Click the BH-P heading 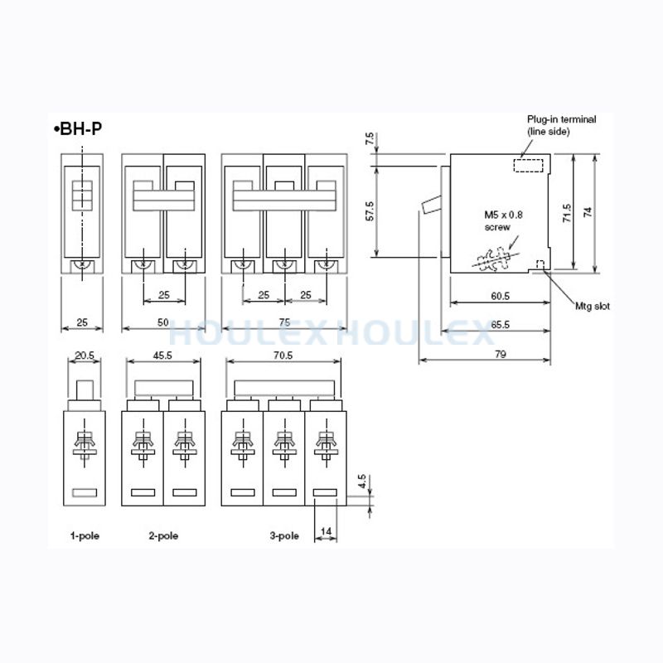click(x=78, y=128)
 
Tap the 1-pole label click(x=85, y=535)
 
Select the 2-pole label click(x=163, y=535)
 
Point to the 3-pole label click(x=284, y=535)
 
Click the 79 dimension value click(x=501, y=354)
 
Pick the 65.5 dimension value click(x=501, y=325)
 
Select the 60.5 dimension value click(x=501, y=296)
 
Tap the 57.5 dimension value click(x=370, y=211)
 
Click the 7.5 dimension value click(x=370, y=138)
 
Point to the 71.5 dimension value click(x=567, y=213)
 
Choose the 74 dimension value click(x=588, y=212)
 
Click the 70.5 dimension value click(x=283, y=356)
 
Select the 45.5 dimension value click(x=162, y=356)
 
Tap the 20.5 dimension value click(x=85, y=356)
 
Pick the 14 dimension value click(x=326, y=531)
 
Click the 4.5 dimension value click(x=361, y=482)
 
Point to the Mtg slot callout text click(x=593, y=306)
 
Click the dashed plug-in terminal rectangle click(x=528, y=165)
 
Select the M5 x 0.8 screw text click(x=503, y=220)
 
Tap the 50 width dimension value click(x=162, y=322)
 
